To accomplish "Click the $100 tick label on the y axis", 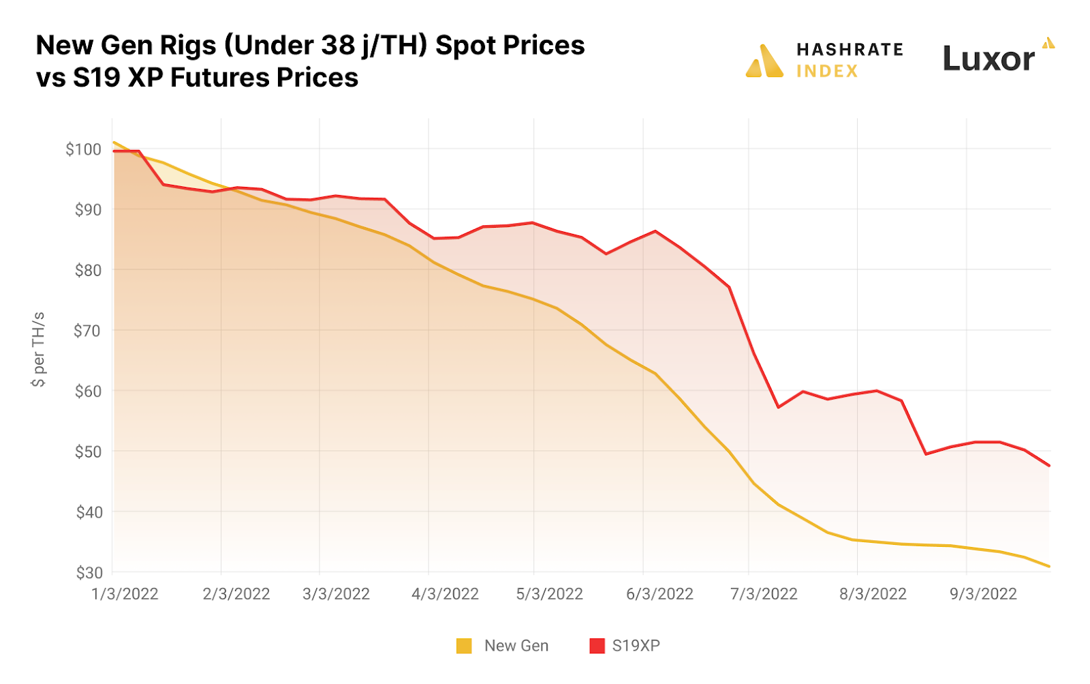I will (83, 149).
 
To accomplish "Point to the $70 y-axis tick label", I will (87, 331).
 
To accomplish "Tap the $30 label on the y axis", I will (89, 573).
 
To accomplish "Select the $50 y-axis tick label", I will (88, 452).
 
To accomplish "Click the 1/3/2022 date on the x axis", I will (125, 594).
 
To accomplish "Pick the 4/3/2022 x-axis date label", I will (445, 594).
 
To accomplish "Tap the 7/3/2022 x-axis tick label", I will (764, 594).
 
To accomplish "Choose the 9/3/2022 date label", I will (983, 594).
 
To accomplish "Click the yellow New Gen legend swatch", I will (464, 646).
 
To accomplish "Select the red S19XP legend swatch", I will (597, 646).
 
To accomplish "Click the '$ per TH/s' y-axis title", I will (38, 349).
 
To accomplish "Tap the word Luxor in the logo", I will (988, 59).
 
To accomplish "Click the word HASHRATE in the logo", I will (850, 49).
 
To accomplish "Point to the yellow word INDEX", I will (827, 71).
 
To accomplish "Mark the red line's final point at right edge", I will (1049, 466).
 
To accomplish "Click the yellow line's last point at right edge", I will (1049, 566).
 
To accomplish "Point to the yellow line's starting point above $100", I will (114, 143).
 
